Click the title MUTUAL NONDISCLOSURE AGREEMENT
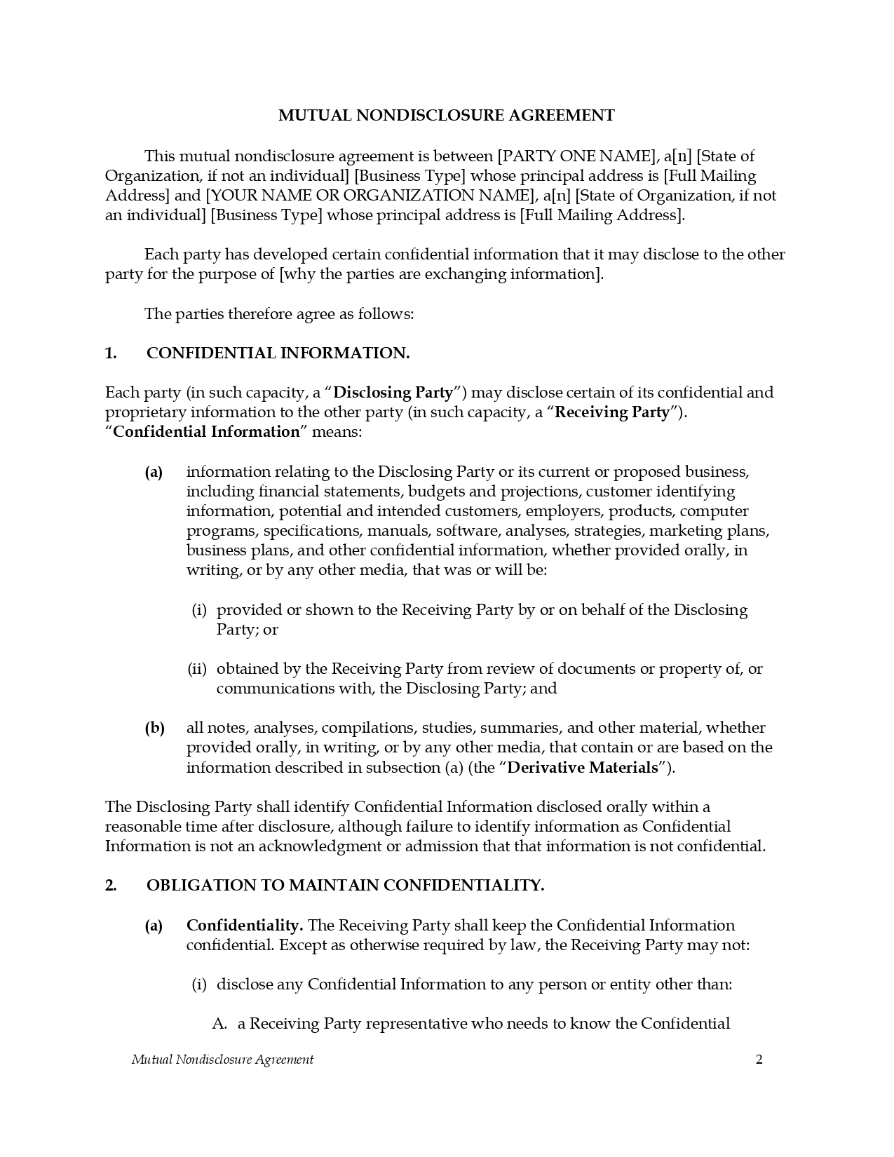446,116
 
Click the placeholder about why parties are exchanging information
440,274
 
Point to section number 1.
111,353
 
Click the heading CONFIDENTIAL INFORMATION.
278,353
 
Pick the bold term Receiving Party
612,412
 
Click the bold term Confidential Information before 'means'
206,432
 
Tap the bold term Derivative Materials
583,768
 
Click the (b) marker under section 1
154,728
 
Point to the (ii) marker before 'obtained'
197,669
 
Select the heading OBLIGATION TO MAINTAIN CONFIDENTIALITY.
345,886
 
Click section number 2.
111,886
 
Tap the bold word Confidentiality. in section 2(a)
244,926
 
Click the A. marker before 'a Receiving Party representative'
219,1024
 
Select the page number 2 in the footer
759,1060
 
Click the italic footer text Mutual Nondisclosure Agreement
222,1060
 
